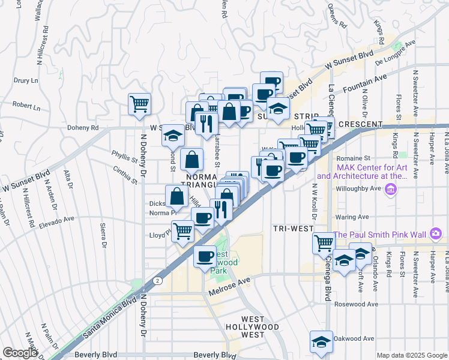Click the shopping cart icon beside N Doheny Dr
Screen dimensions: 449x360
point(139,104)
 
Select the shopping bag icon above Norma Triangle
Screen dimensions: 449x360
point(191,160)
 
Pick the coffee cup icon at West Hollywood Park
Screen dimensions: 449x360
point(205,256)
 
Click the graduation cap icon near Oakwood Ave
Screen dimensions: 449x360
point(321,341)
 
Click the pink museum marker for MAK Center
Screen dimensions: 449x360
point(391,190)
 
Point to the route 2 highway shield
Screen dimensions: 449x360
point(156,280)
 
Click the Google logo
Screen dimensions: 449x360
point(20,353)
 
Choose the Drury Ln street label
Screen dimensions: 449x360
point(26,80)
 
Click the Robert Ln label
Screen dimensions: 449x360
point(26,106)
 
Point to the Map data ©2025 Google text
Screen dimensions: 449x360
point(412,355)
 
